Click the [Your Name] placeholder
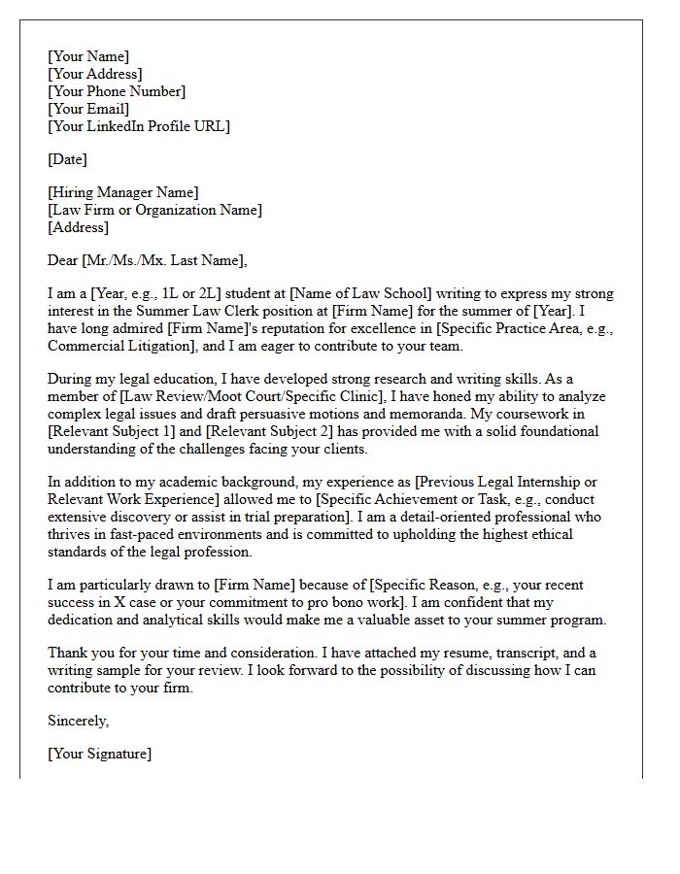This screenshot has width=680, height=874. [x=88, y=56]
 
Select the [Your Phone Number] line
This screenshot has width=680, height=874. [x=117, y=91]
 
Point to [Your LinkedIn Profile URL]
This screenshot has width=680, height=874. [x=139, y=126]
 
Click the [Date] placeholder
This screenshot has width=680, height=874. [x=67, y=159]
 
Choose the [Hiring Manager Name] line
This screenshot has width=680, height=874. [x=122, y=192]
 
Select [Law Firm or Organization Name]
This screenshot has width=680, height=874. [x=154, y=210]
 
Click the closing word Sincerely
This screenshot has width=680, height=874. [x=79, y=721]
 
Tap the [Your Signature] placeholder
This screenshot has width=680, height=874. [x=99, y=754]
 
